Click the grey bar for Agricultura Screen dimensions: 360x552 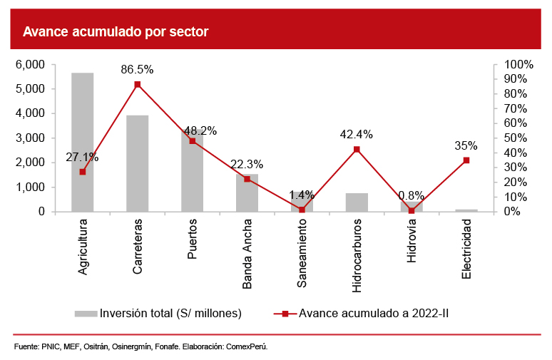[x=83, y=143]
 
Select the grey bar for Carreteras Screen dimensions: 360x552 [x=138, y=163]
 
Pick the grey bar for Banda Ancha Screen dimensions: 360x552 [x=247, y=193]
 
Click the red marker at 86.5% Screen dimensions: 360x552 [x=138, y=84]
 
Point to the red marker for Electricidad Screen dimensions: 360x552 [x=466, y=160]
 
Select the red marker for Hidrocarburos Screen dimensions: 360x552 [x=357, y=149]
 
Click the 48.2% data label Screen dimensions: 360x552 [x=200, y=131]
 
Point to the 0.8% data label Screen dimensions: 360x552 [x=412, y=195]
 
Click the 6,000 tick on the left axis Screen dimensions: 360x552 [x=30, y=64]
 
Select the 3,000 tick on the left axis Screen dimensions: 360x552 [x=30, y=138]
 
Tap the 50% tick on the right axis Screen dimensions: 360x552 [x=514, y=138]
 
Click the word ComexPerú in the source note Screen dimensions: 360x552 [x=246, y=347]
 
